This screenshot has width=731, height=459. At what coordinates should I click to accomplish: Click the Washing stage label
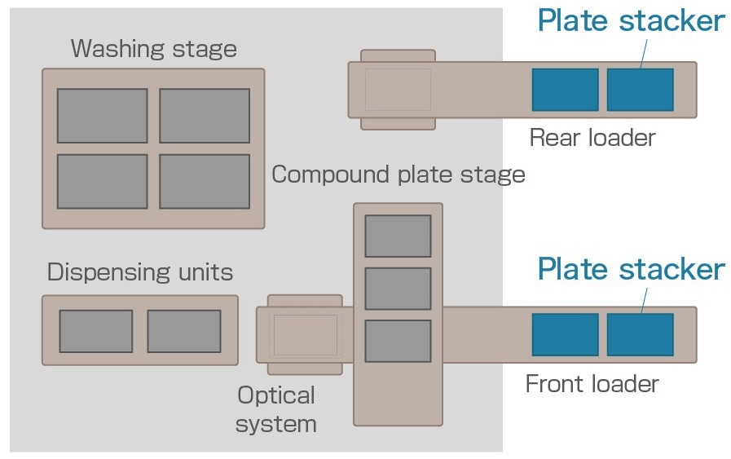point(153,49)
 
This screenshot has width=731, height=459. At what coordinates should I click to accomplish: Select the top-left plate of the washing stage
point(102,116)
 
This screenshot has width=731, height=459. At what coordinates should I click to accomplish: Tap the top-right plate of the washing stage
point(204,116)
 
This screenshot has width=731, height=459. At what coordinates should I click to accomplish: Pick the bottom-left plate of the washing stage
point(102,181)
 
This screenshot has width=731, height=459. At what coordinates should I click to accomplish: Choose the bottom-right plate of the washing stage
point(204,181)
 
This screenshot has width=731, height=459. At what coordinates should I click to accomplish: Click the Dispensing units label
point(140,271)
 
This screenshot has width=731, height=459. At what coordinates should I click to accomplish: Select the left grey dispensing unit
point(95,331)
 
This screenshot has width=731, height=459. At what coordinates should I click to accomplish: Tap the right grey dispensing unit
point(183,331)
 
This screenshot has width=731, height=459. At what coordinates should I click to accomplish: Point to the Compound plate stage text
point(398,174)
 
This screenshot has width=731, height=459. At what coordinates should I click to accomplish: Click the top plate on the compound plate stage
point(398,236)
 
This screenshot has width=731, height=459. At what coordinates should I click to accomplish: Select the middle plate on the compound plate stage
point(398,289)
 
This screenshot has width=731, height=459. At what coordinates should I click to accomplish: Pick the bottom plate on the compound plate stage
point(398,341)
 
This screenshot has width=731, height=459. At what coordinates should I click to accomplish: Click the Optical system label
point(276,409)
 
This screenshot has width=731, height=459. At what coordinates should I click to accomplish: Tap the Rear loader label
point(592,138)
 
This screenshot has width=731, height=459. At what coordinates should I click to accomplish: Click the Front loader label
point(592,383)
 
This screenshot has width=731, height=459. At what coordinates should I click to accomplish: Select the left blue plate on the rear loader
point(565,90)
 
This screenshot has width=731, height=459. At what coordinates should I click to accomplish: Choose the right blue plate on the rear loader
point(640,90)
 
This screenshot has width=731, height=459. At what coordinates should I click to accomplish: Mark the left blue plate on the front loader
point(565,334)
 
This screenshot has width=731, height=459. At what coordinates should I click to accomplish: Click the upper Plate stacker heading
point(630,21)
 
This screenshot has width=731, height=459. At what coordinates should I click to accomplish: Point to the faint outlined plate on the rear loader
point(398,90)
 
